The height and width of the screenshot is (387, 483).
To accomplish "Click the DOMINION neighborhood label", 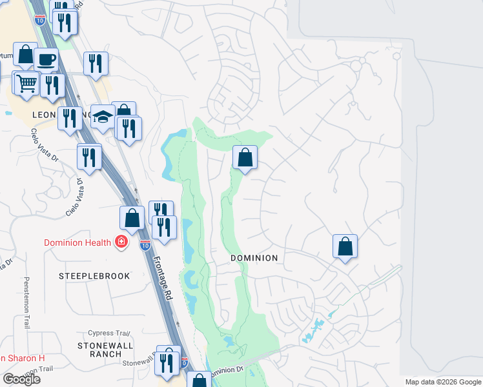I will (x=254, y=258).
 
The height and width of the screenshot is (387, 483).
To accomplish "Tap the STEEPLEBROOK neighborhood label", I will (x=94, y=276).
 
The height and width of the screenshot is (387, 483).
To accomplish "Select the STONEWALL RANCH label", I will (x=100, y=350).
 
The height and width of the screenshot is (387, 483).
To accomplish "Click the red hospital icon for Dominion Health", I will (x=120, y=243).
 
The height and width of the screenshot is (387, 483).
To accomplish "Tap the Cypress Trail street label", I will (x=109, y=333).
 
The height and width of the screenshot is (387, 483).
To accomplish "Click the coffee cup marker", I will (x=46, y=59).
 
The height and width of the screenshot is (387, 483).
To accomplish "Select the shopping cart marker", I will (x=26, y=83).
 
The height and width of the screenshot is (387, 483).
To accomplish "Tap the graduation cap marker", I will (x=102, y=116).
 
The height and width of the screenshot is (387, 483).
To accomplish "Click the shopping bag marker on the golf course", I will (x=245, y=157).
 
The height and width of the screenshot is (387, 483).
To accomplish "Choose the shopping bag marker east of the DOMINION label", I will (x=345, y=246).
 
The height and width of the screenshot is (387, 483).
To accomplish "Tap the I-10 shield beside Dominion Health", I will (x=145, y=244).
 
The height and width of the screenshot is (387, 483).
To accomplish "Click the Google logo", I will (x=21, y=379).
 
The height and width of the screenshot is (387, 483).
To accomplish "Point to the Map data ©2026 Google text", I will (x=443, y=382).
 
